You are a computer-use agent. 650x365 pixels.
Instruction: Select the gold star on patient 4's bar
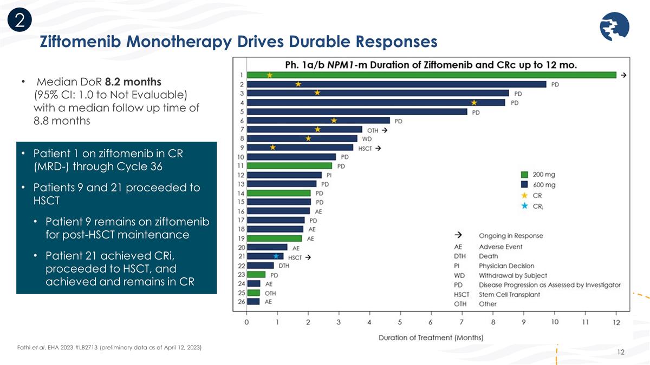coord(474,102)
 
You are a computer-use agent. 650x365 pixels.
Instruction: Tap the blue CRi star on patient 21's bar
coord(276,256)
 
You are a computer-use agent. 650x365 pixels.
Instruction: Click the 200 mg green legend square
coord(524,175)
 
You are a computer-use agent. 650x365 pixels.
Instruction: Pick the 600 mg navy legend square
coord(524,185)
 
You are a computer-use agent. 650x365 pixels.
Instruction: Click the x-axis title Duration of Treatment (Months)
coord(431,338)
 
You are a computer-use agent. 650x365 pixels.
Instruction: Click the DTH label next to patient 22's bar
coord(283,265)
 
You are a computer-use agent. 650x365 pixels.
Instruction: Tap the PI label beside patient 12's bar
coord(329,175)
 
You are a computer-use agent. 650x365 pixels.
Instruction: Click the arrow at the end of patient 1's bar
coord(623,75)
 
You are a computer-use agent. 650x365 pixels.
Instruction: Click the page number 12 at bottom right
coord(621,353)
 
